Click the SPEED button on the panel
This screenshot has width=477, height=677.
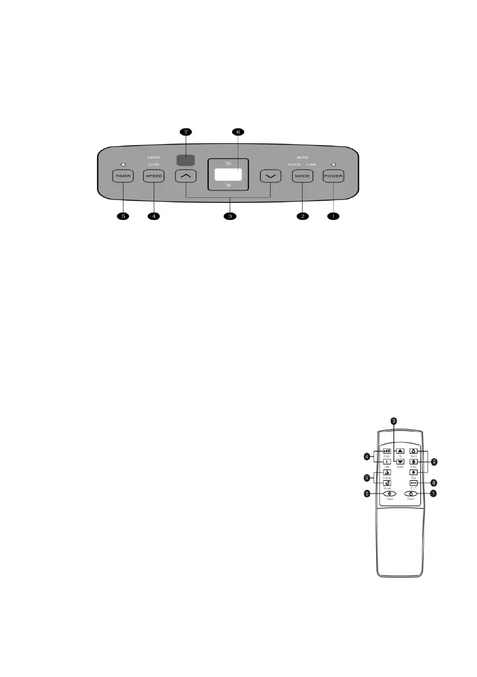(x=154, y=176)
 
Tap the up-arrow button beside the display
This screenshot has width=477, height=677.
(x=185, y=176)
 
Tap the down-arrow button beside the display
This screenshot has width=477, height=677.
(x=271, y=176)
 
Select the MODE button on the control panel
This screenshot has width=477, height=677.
(x=302, y=176)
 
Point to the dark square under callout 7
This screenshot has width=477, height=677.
(x=184, y=161)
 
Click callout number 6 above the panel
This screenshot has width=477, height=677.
(x=237, y=132)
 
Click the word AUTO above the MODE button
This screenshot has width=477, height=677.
(x=302, y=156)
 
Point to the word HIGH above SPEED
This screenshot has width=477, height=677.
(x=154, y=156)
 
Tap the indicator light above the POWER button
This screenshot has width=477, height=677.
(x=333, y=164)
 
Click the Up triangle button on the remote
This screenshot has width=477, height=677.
(x=400, y=450)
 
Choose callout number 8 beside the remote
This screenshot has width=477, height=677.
(x=433, y=482)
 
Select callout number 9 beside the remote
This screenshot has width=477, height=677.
(x=367, y=477)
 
